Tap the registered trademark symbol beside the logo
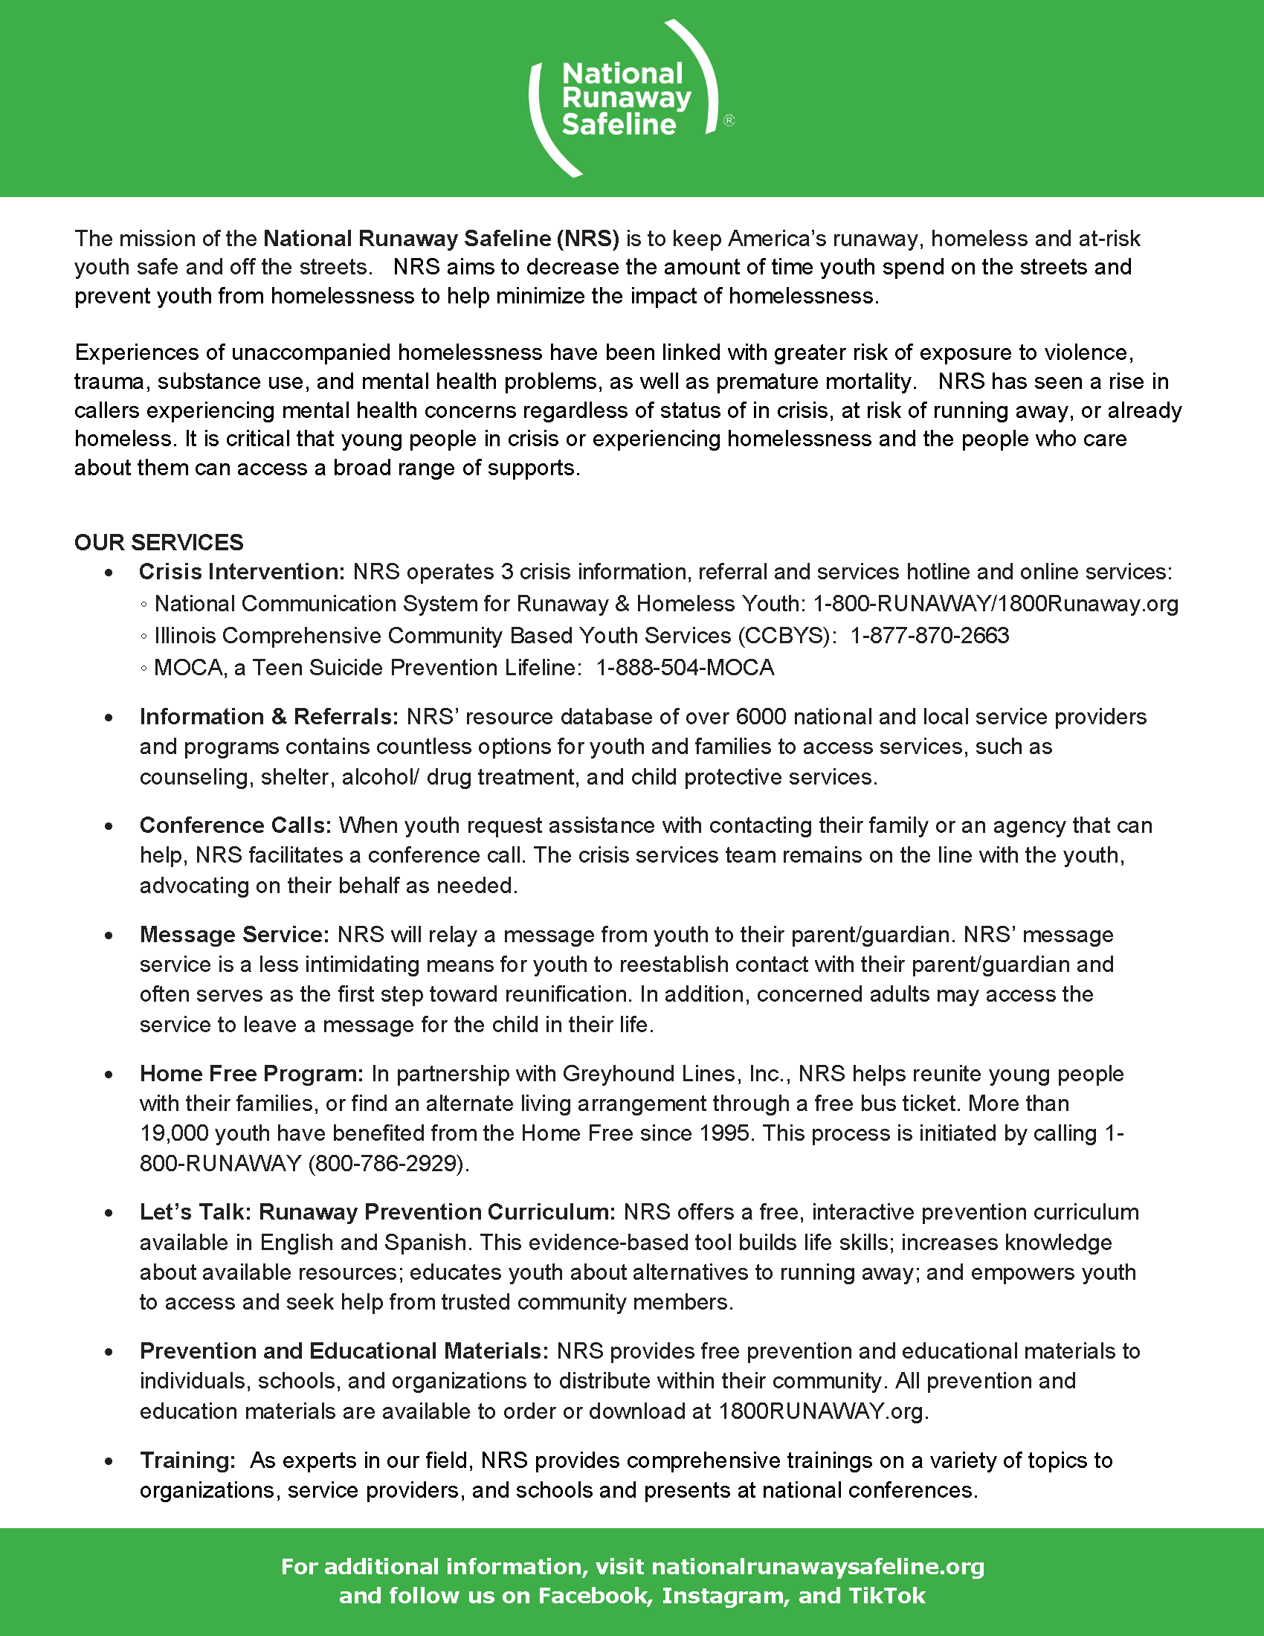pyautogui.click(x=729, y=120)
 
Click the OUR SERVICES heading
pyautogui.click(x=159, y=542)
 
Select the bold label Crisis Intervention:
pyautogui.click(x=241, y=572)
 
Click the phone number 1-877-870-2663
pyautogui.click(x=929, y=635)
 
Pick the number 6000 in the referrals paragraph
pyautogui.click(x=761, y=717)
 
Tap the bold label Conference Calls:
pyautogui.click(x=235, y=825)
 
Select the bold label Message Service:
pyautogui.click(x=234, y=935)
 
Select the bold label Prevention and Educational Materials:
pyautogui.click(x=344, y=1350)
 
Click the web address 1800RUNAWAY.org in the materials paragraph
pyautogui.click(x=822, y=1411)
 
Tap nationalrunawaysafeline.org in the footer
pyautogui.click(x=818, y=1566)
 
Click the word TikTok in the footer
pyautogui.click(x=887, y=1596)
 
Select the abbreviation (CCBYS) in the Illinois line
pyautogui.click(x=784, y=635)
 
